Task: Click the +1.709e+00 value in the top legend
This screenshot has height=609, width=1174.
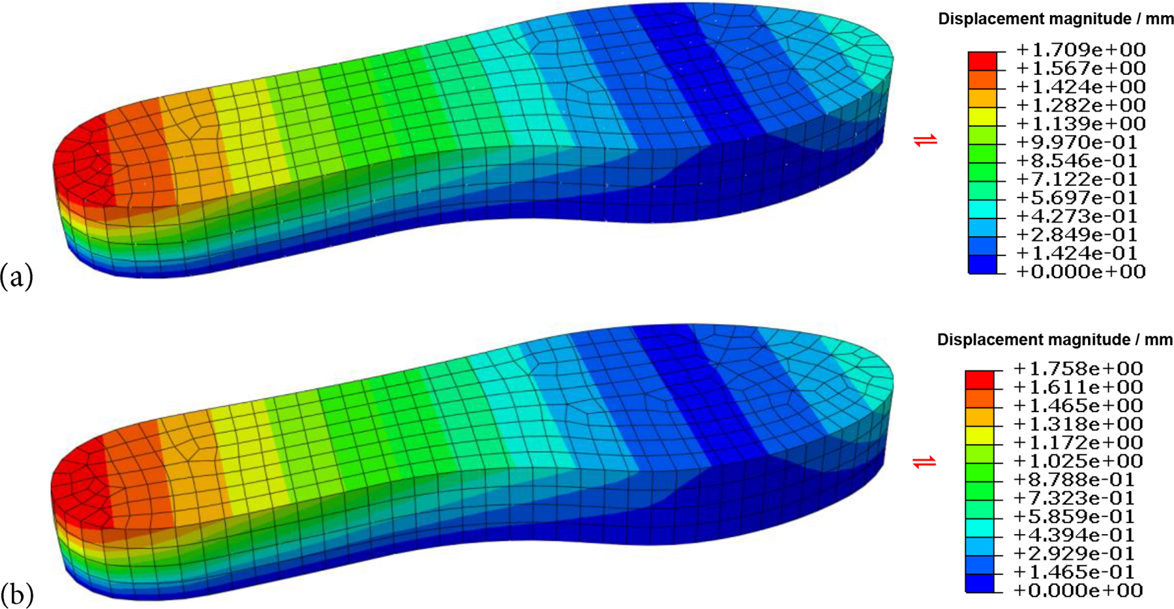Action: coord(1081,50)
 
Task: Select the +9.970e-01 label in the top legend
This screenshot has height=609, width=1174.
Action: coord(1076,142)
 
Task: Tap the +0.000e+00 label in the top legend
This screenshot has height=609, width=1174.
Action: coord(1081,271)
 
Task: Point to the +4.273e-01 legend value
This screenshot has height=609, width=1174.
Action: coord(1076,216)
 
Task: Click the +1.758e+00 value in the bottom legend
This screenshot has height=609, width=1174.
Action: coord(1078,368)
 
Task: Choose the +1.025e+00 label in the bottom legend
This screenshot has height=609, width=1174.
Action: coord(1078,461)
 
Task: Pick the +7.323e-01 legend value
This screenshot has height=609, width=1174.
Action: coord(1074,498)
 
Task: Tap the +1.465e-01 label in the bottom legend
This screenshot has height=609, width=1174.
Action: coord(1074,572)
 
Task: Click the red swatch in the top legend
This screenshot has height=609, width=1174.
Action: coord(982,61)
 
